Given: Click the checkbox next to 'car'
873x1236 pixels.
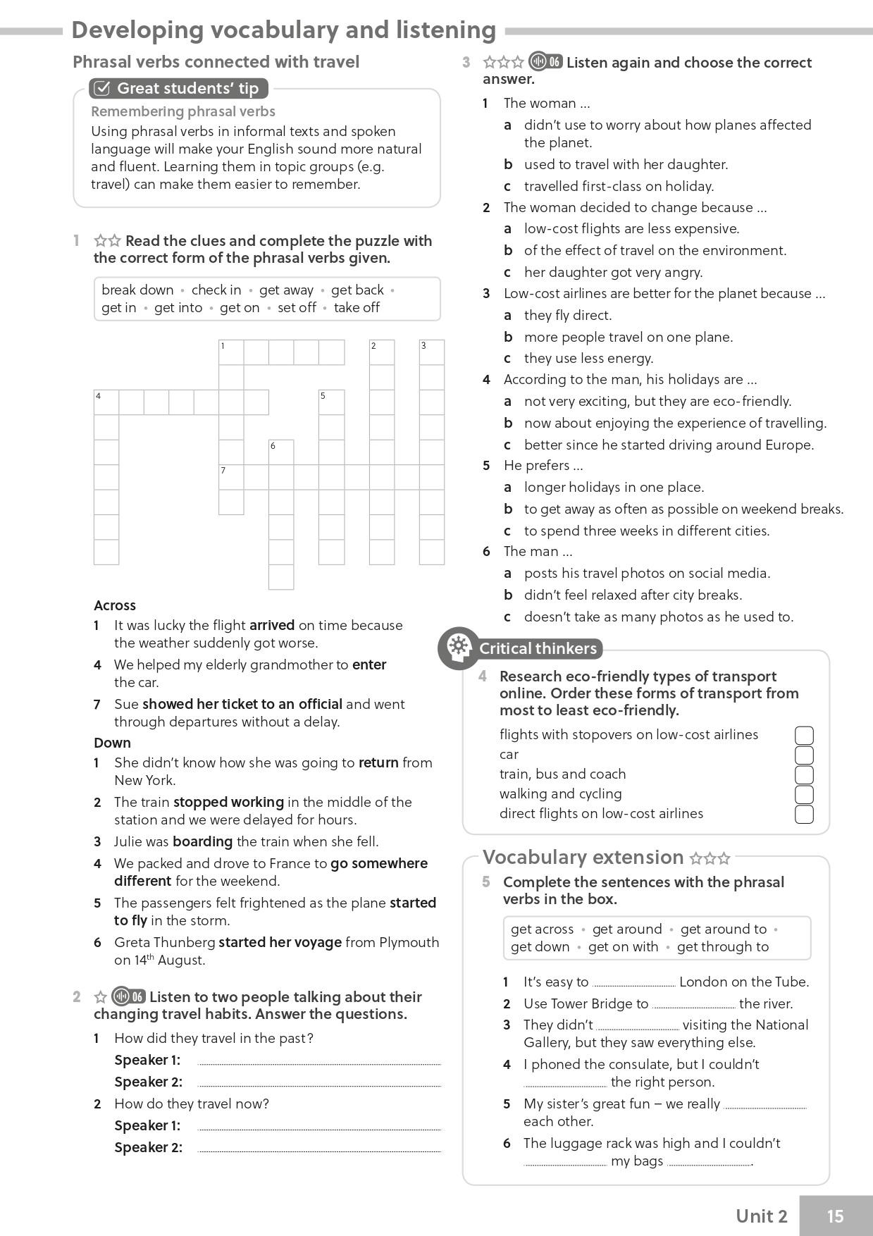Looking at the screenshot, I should point(804,755).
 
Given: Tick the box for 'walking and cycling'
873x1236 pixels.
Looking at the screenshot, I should point(804,794).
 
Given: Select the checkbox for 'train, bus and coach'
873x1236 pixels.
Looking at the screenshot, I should point(804,774).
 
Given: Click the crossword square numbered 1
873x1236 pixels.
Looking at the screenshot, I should point(231,352).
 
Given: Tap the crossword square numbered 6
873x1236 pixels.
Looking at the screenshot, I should point(281,452).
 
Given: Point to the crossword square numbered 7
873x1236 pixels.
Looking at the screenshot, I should point(231,477).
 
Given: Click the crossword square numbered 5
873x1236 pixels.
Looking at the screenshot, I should point(331,402).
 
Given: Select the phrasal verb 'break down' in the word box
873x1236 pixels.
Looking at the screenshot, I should point(137,290).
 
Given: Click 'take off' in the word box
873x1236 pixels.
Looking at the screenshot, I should point(357,307).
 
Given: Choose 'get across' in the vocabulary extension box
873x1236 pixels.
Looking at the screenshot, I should point(542,929).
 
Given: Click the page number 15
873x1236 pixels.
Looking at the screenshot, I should point(835,1216).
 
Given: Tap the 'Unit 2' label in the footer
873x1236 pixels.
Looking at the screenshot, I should point(761,1216).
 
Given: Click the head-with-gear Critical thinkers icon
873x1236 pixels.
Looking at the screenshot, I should point(458,647).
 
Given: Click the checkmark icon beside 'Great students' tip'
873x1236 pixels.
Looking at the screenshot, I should point(102,88).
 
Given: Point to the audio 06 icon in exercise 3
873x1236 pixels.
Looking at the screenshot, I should point(546,62).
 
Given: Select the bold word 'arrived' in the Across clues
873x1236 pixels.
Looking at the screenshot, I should point(272,625).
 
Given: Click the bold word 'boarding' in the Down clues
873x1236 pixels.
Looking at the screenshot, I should point(203,841).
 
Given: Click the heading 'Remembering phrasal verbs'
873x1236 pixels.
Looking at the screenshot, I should point(183,111).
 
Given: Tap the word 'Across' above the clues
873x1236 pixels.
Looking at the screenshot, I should point(115,605).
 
